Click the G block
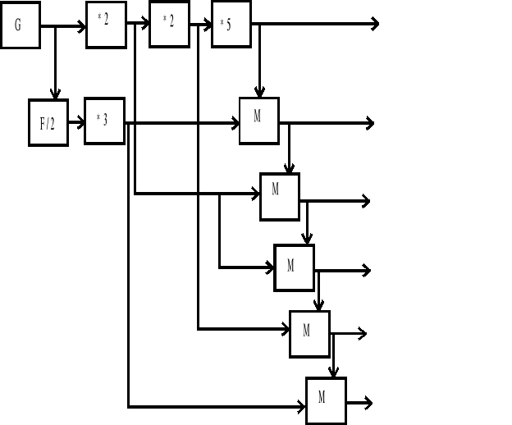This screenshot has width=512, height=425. tap(20, 25)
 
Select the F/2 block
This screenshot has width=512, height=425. tap(48, 123)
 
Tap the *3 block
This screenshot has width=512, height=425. tap(104, 121)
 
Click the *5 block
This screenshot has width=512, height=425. tap(231, 25)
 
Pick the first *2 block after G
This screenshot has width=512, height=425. tap(106, 25)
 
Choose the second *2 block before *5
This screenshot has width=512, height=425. tap(169, 24)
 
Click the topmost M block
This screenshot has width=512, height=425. tap(259, 121)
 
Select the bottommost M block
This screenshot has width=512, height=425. tap(326, 401)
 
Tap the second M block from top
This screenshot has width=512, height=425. tap(280, 197)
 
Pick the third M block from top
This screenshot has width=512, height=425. tap(294, 267)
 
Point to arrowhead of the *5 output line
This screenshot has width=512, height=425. tap(375, 24)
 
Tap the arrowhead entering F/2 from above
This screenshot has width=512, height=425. tap(55, 94)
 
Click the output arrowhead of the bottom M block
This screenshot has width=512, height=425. tap(368, 403)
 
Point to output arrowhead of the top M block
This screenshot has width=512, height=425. tap(370, 123)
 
